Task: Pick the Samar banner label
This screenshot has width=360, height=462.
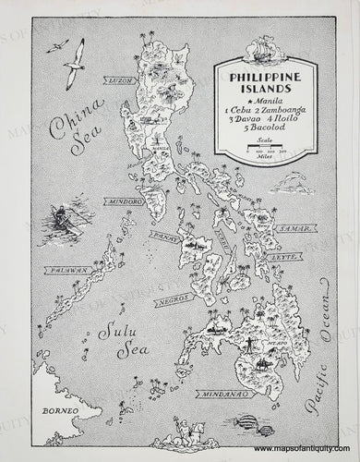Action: point(294,227)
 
